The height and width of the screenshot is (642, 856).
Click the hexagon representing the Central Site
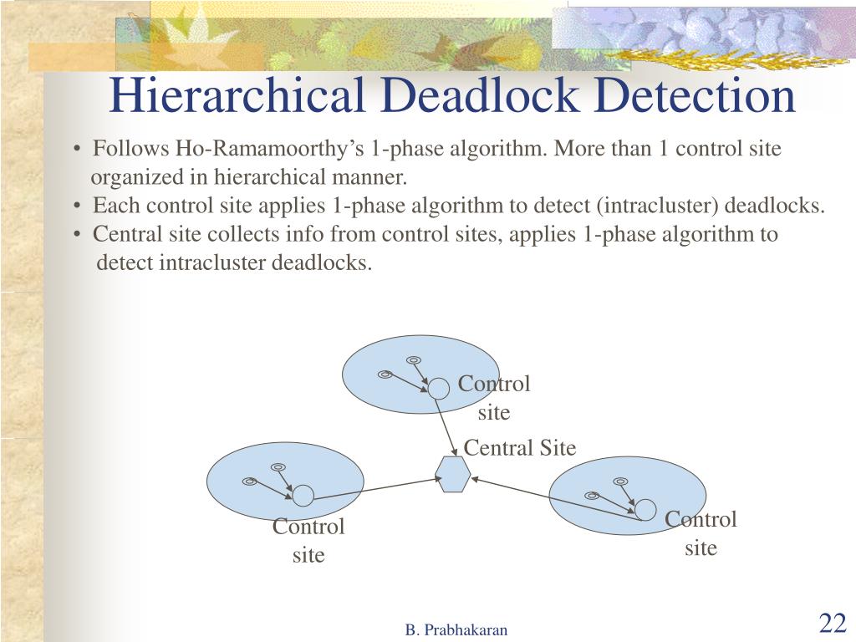(x=455, y=475)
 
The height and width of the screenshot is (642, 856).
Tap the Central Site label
(x=519, y=448)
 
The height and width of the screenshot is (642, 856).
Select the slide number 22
(x=833, y=623)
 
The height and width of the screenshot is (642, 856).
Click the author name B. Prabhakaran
(x=456, y=630)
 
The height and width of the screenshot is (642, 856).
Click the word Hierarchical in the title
(x=237, y=95)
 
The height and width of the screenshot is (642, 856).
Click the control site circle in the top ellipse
(x=439, y=388)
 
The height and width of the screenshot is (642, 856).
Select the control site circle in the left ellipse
(x=303, y=496)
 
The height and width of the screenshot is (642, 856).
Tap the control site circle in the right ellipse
(x=645, y=509)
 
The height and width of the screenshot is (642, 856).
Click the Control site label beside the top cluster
(x=494, y=398)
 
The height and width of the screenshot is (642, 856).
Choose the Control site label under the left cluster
(x=308, y=541)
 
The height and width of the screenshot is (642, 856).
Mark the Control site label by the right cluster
(x=701, y=533)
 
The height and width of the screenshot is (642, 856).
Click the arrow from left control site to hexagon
(x=376, y=487)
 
